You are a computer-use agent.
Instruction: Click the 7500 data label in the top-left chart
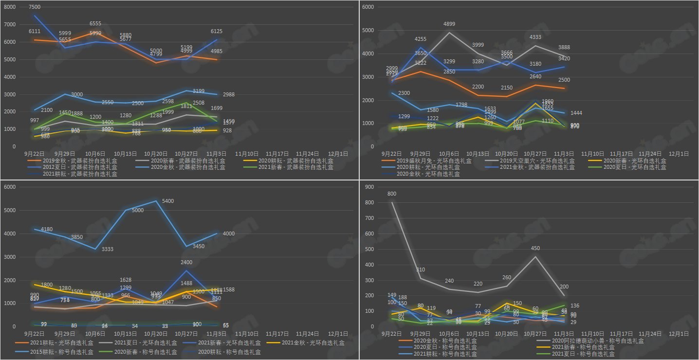(35, 7)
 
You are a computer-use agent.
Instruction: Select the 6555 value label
(96, 23)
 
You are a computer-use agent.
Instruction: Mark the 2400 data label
(186, 263)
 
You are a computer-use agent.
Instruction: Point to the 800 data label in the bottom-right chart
(392, 194)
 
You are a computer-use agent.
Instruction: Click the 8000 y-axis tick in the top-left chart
(10, 7)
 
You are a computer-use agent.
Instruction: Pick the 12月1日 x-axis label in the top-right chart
(680, 153)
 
